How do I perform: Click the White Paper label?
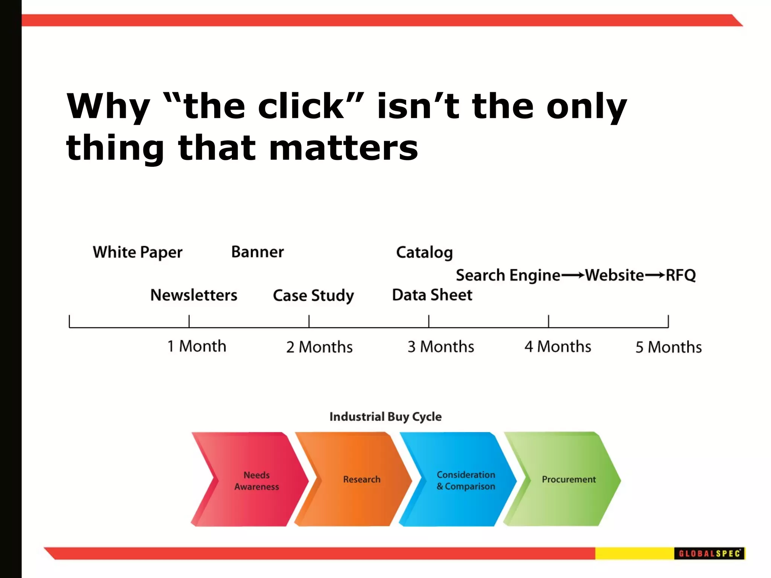point(137,252)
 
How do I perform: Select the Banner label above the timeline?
point(258,252)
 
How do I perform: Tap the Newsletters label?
point(194,295)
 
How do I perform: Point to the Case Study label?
point(313,295)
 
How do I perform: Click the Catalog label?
point(424,252)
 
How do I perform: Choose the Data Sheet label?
point(432,295)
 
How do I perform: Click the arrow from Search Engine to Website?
point(573,275)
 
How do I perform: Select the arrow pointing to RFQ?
point(655,275)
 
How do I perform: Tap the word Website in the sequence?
point(614,275)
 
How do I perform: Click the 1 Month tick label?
point(197,346)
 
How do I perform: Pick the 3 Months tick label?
point(441,347)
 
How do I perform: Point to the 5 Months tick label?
point(669,347)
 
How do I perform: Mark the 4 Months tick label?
point(558,347)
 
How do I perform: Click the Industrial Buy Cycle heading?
point(385,417)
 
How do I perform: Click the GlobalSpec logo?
point(709,553)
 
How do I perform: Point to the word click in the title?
point(301,106)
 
